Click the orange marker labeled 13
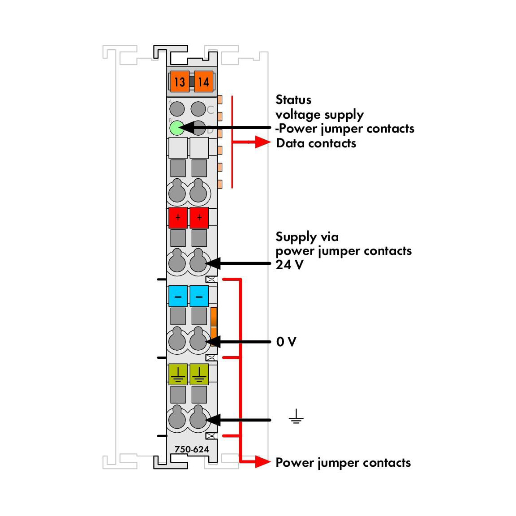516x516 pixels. [180, 81]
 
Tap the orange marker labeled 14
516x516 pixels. [203, 81]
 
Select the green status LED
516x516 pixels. [177, 128]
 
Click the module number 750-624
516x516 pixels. [192, 449]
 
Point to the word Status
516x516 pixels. [293, 100]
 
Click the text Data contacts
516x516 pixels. [316, 143]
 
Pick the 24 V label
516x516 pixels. [289, 265]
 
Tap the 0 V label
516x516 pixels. [286, 342]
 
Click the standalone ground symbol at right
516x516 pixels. [296, 416]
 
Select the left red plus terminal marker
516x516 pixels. [178, 218]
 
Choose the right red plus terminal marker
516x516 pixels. [199, 218]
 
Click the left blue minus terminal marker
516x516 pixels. [178, 296]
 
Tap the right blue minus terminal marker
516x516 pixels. [199, 296]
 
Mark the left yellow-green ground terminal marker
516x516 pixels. [178, 374]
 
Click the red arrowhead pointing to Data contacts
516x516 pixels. [263, 142]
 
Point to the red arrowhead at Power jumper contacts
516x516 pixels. [263, 462]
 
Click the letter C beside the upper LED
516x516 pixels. [210, 110]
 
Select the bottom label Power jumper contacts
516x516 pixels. [343, 463]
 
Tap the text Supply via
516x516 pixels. [307, 236]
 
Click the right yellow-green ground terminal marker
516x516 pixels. [199, 374]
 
